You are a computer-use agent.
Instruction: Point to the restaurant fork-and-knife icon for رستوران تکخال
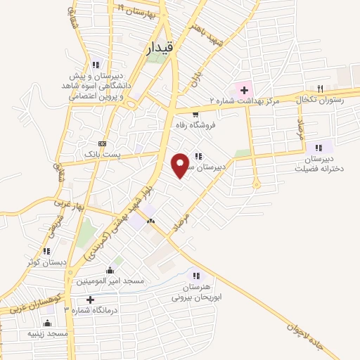click(x=320, y=89)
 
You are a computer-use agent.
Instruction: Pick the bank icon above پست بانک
click(x=102, y=143)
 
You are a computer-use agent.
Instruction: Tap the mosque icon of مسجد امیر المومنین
click(x=109, y=270)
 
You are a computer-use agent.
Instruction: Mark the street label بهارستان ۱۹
click(x=136, y=11)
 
